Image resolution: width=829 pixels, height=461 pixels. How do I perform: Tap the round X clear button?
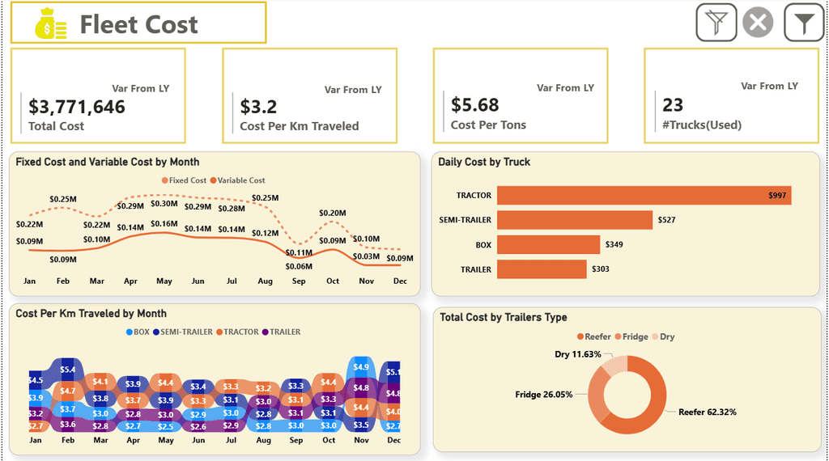click(758, 23)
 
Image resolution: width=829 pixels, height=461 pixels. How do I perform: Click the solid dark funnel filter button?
click(803, 23)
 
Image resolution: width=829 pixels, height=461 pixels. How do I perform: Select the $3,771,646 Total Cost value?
click(77, 107)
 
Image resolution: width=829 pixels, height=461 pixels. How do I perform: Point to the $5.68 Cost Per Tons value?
click(475, 105)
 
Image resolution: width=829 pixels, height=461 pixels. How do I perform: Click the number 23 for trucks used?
click(673, 105)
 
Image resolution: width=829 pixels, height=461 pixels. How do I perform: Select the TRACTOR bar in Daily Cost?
click(644, 196)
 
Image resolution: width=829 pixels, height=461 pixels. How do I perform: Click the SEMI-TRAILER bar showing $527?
click(575, 220)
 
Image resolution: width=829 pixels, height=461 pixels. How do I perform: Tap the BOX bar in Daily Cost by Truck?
click(548, 244)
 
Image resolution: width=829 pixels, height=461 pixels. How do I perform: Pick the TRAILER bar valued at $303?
click(542, 269)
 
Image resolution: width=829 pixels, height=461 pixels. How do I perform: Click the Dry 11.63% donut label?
click(578, 354)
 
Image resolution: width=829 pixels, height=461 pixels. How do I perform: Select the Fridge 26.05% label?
click(544, 395)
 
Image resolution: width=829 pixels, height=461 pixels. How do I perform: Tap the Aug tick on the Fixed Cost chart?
click(265, 281)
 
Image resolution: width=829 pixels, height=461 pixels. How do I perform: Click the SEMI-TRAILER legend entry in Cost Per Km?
click(184, 332)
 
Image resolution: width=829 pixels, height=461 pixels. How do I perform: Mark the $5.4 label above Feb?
click(68, 370)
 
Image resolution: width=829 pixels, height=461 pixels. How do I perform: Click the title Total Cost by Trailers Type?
click(504, 318)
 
